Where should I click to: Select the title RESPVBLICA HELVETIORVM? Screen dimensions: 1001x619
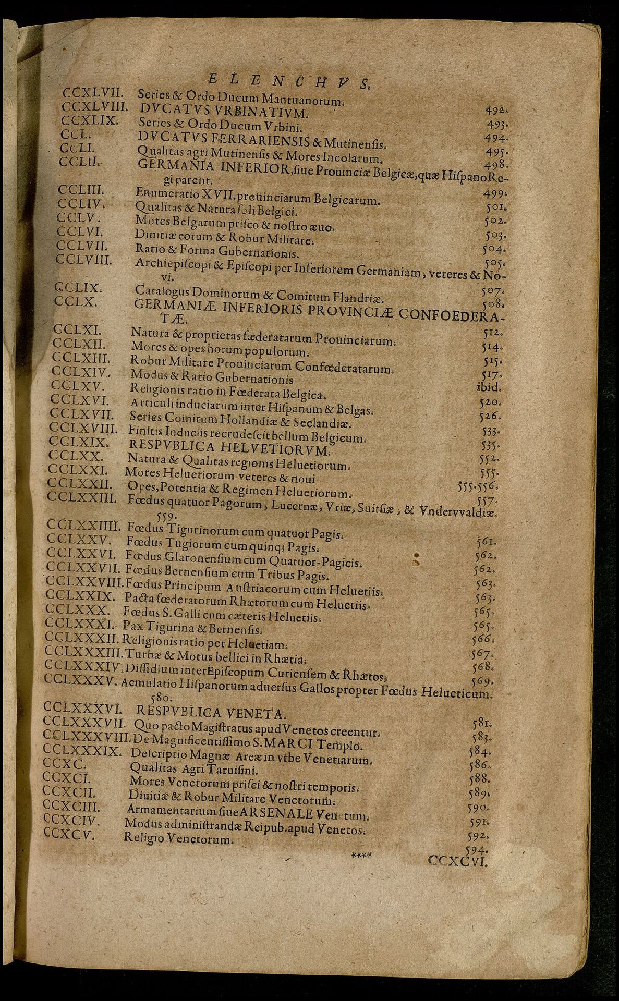click(x=230, y=449)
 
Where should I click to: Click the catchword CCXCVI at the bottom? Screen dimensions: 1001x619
click(x=457, y=861)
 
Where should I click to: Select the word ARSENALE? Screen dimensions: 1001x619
click(x=283, y=814)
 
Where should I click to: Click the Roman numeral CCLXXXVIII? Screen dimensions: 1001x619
click(x=86, y=737)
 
